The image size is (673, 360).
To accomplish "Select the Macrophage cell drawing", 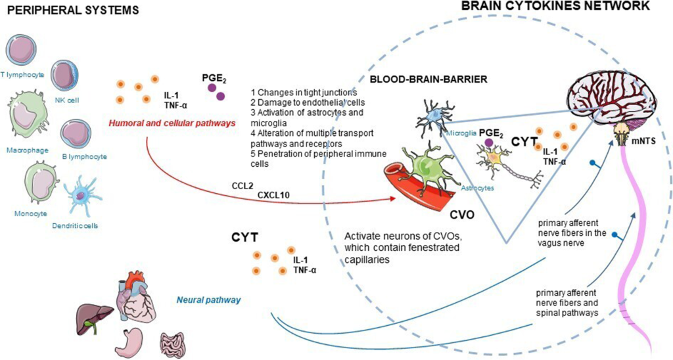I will [28, 118].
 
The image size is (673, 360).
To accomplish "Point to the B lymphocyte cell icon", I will [76, 134].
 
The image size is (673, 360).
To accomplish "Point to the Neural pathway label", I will [208, 300].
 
